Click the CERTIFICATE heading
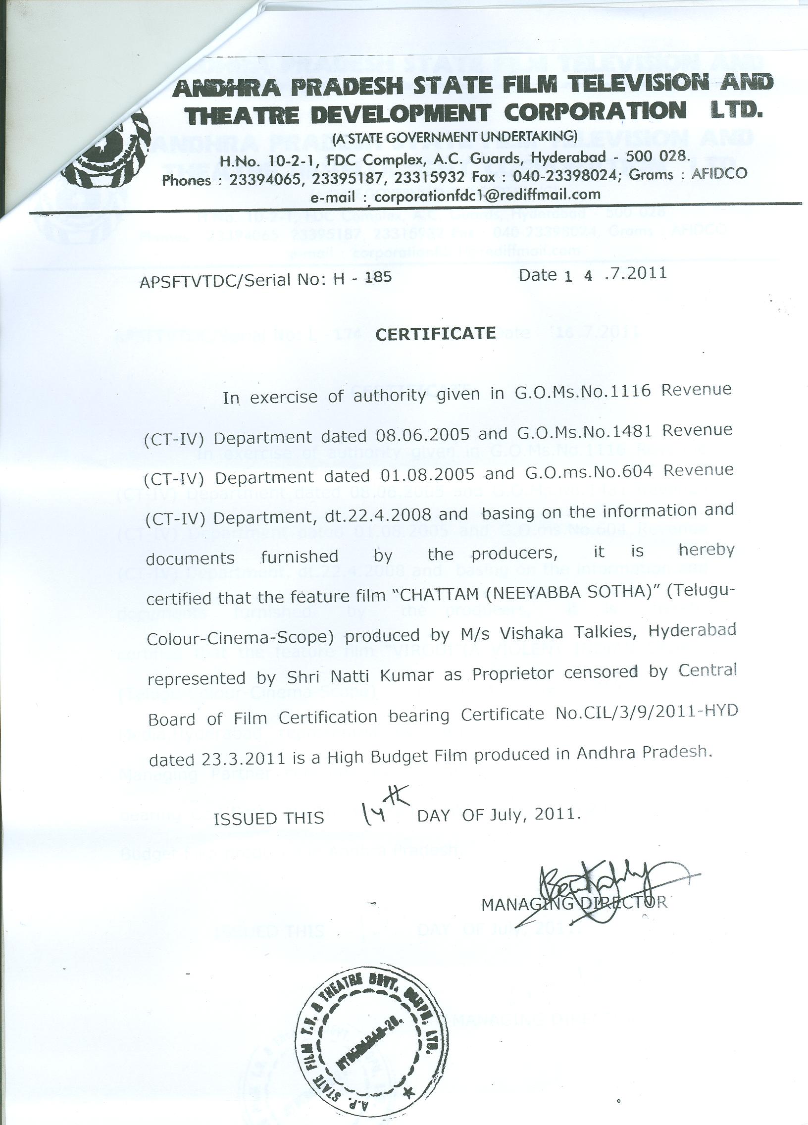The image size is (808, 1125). [436, 334]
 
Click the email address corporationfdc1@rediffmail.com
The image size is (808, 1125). [487, 195]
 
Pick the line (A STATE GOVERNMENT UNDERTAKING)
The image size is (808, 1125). [454, 136]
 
